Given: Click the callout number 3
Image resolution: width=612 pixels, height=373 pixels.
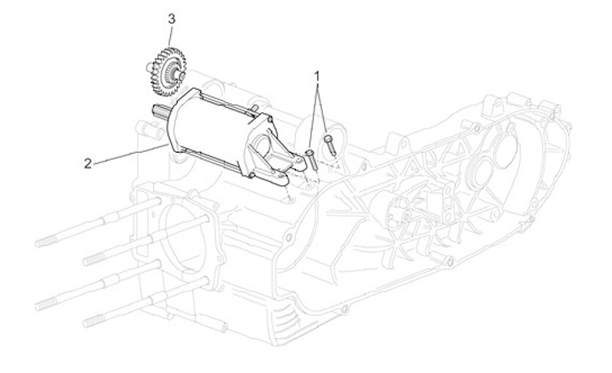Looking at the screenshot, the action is (x=172, y=19).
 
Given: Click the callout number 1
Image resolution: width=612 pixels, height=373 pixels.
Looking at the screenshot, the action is (x=317, y=76).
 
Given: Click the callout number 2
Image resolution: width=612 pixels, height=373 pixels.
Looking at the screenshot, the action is (x=88, y=163).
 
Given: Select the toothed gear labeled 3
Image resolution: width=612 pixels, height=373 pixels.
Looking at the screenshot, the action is (x=167, y=72).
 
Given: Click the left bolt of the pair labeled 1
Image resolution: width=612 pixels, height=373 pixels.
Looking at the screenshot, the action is (x=311, y=159).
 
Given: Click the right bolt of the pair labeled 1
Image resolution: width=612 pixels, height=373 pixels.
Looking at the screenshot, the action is (x=330, y=144).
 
